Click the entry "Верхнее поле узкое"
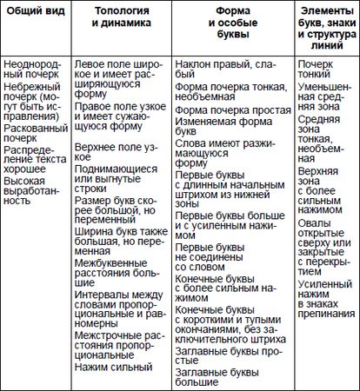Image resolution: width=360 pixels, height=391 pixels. tap(121, 154)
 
